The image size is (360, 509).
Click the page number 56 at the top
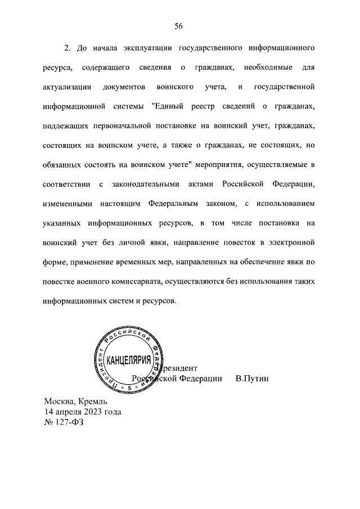coord(179,26)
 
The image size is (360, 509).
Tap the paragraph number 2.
coord(66,48)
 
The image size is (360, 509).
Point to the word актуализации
coord(67,87)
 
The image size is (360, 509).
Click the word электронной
coord(292,242)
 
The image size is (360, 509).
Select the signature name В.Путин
coord(253,378)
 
